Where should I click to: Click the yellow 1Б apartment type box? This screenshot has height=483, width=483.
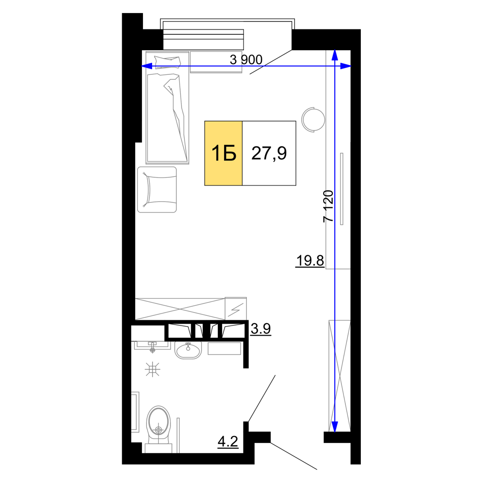(x=223, y=153)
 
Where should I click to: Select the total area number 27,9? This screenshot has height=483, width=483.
(x=269, y=153)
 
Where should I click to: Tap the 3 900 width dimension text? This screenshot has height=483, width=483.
(x=246, y=59)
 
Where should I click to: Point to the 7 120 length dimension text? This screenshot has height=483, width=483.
(x=328, y=206)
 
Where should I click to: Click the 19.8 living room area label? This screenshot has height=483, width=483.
(x=310, y=261)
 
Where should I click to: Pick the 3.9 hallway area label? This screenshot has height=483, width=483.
(x=261, y=328)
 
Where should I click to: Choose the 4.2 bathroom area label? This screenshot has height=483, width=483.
(x=228, y=442)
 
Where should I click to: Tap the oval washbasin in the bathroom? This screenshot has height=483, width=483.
(x=188, y=350)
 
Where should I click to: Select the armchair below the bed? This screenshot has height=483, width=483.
(x=157, y=190)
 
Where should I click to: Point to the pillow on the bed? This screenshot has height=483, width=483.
(x=168, y=62)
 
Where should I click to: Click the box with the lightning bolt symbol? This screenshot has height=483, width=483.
(x=236, y=308)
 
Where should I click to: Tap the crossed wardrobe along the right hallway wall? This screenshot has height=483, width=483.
(x=340, y=376)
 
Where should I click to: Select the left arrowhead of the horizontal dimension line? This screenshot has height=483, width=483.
(x=147, y=66)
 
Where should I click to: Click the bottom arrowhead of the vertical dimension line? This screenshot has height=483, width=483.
(x=335, y=426)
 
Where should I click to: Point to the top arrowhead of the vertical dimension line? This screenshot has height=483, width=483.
(x=335, y=55)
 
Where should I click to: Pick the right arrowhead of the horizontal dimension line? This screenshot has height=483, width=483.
(x=345, y=66)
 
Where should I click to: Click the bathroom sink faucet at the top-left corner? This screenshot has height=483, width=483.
(x=153, y=347)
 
